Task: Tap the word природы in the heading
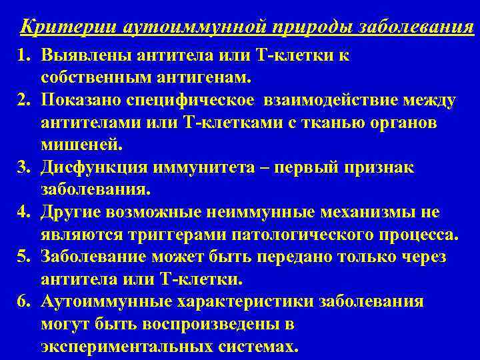pos(315,27)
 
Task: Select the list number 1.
pos(21,57)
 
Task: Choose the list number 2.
pos(21,101)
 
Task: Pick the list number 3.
pos(21,167)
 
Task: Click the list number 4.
pos(21,213)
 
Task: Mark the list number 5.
pos(21,257)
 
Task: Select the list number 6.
pos(21,301)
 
